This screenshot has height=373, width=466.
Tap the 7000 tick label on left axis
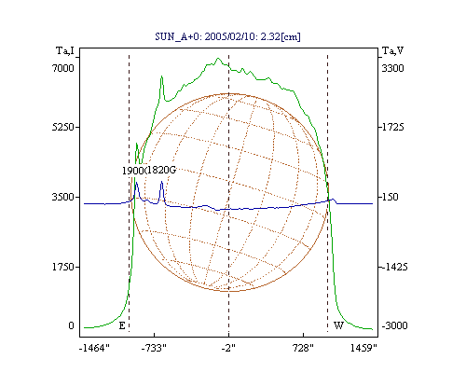[x=63, y=68]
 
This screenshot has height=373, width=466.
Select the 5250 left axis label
[x=63, y=127]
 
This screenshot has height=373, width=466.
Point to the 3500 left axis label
[x=63, y=197]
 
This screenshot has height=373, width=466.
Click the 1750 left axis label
[x=63, y=267]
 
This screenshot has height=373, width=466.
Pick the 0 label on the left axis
[x=71, y=325]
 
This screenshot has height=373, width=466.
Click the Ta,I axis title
[x=65, y=50]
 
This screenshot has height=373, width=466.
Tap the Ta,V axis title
[x=392, y=50]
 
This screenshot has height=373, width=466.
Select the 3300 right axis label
[x=392, y=68]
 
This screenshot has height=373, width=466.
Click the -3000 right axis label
[x=394, y=325]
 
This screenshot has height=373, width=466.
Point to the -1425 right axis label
[x=394, y=267]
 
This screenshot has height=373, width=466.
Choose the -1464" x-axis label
[x=94, y=348]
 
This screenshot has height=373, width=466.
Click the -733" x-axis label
[x=154, y=348]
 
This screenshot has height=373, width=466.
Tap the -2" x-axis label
[x=228, y=348]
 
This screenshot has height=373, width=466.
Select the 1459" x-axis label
[x=363, y=348]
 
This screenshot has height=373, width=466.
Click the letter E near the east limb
[x=122, y=325]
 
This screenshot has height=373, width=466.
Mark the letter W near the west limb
[x=338, y=325]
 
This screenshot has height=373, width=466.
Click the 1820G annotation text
[x=161, y=170]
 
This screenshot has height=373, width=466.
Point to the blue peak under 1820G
[x=161, y=182]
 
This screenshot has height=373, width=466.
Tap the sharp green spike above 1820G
[x=161, y=76]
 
